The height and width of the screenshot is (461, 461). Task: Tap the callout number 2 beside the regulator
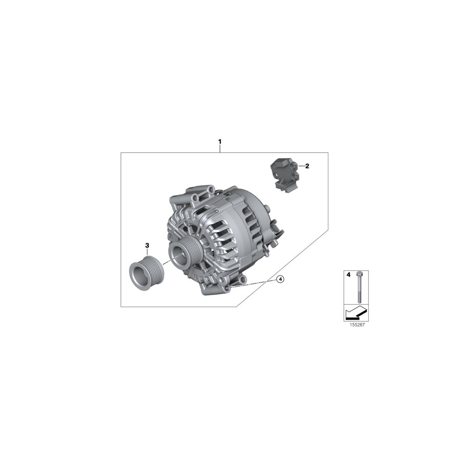[307, 166]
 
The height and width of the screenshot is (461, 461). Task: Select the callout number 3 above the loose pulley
[147, 245]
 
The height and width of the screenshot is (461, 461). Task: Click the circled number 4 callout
[280, 279]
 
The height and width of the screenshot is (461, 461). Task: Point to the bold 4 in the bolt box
[348, 275]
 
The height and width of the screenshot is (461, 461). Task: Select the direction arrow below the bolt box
[355, 311]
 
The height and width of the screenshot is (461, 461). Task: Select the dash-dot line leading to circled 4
[254, 284]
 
